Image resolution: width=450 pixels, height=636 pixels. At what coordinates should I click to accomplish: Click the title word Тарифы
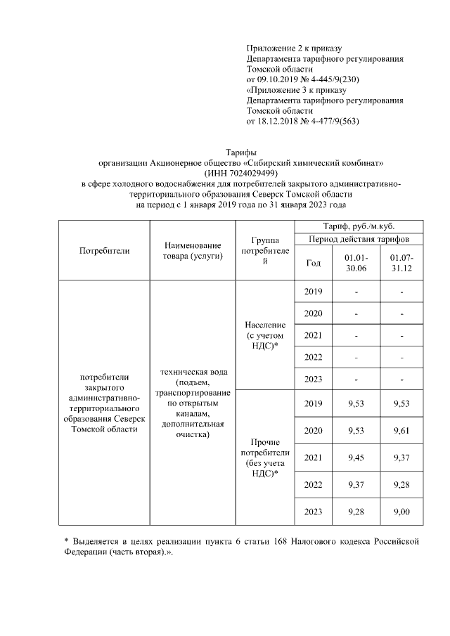point(240,152)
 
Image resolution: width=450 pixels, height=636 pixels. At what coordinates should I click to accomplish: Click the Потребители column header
point(103,250)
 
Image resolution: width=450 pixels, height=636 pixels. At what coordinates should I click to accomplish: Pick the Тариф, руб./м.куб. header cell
point(359,226)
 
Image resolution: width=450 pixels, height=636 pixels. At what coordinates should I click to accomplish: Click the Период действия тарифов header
point(359,240)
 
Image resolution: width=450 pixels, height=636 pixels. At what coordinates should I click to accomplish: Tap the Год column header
point(314,263)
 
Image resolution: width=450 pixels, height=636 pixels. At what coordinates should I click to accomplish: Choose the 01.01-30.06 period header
point(357,263)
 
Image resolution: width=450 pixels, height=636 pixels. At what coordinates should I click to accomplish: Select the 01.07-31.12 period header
point(401,263)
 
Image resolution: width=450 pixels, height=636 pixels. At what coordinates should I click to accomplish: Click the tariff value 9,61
point(401,431)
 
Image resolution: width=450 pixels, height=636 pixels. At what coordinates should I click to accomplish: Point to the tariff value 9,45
point(357,458)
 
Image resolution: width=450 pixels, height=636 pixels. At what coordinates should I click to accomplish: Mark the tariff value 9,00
point(401,512)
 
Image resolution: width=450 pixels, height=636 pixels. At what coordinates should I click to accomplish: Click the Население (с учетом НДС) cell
point(265,336)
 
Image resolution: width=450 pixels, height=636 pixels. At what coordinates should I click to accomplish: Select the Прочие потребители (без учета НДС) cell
point(265,458)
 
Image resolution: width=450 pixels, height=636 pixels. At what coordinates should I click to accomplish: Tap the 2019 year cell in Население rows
point(314,292)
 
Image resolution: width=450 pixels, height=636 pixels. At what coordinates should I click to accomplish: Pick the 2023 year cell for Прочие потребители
point(314,512)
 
